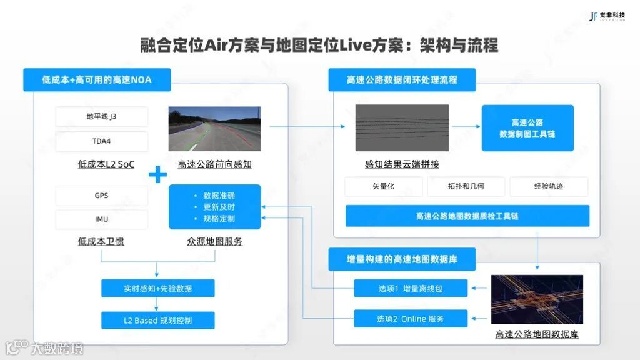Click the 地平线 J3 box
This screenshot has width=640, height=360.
(x=102, y=117)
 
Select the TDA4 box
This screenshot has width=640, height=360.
(x=102, y=141)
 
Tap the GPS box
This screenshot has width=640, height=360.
(x=102, y=196)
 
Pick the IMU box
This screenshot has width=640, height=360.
(x=102, y=219)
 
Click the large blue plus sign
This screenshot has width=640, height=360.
(x=157, y=174)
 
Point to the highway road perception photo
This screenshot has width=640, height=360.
(x=214, y=129)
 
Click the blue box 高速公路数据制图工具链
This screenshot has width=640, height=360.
(x=527, y=128)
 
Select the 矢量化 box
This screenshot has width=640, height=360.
(x=383, y=187)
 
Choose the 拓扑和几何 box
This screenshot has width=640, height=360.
(x=466, y=187)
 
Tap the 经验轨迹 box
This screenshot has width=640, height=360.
(x=549, y=187)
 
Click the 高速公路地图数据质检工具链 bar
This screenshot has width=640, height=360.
(x=467, y=216)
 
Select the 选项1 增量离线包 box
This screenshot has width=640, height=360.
(x=410, y=288)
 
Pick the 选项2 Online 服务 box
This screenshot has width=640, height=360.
(x=410, y=319)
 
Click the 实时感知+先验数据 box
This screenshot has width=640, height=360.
(x=157, y=288)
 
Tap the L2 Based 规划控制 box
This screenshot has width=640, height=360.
(x=157, y=321)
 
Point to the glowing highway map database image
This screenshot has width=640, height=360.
(x=537, y=299)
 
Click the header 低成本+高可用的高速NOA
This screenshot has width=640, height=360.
(x=97, y=80)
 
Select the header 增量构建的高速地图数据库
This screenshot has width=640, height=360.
(x=402, y=259)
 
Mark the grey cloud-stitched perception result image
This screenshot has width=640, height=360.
(x=402, y=128)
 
